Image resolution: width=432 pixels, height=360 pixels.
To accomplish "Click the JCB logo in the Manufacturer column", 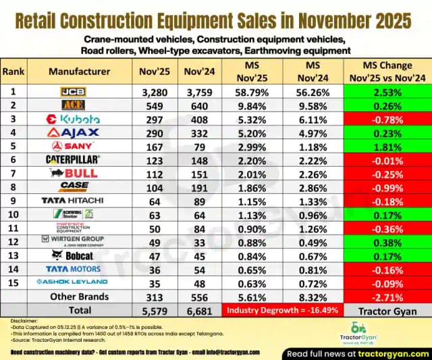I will pyautogui.click(x=72, y=91).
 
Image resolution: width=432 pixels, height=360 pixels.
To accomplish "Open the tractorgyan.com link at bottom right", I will pyautogui.click(x=391, y=354).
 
